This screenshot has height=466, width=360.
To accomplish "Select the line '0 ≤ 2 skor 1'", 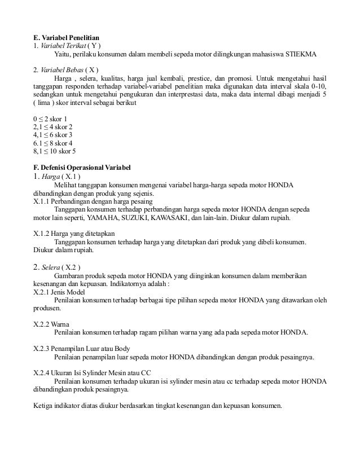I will coord(50,119).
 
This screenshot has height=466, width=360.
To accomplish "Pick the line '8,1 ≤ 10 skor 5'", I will coord(55,151).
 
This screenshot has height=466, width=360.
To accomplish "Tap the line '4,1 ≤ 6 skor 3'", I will coord(53,135).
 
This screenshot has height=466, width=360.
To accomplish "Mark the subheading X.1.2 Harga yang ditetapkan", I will coord(74,234).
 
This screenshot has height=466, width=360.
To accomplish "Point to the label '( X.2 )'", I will coord(72,267).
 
